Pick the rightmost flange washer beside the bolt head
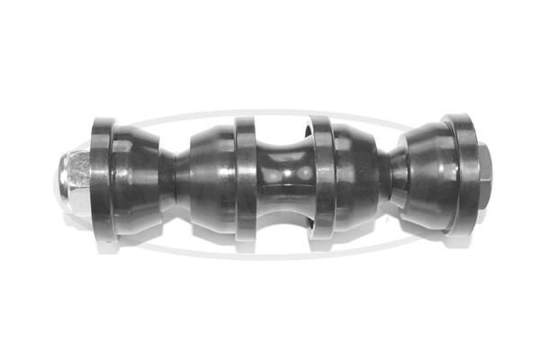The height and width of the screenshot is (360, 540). (x=463, y=174)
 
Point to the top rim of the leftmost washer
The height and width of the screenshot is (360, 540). (x=103, y=121)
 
